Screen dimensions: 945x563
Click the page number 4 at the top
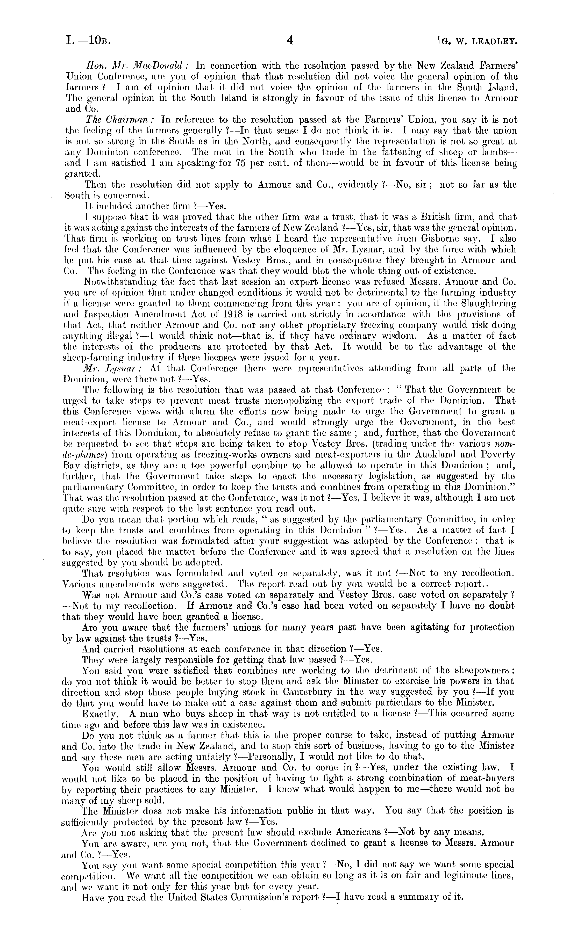290,41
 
